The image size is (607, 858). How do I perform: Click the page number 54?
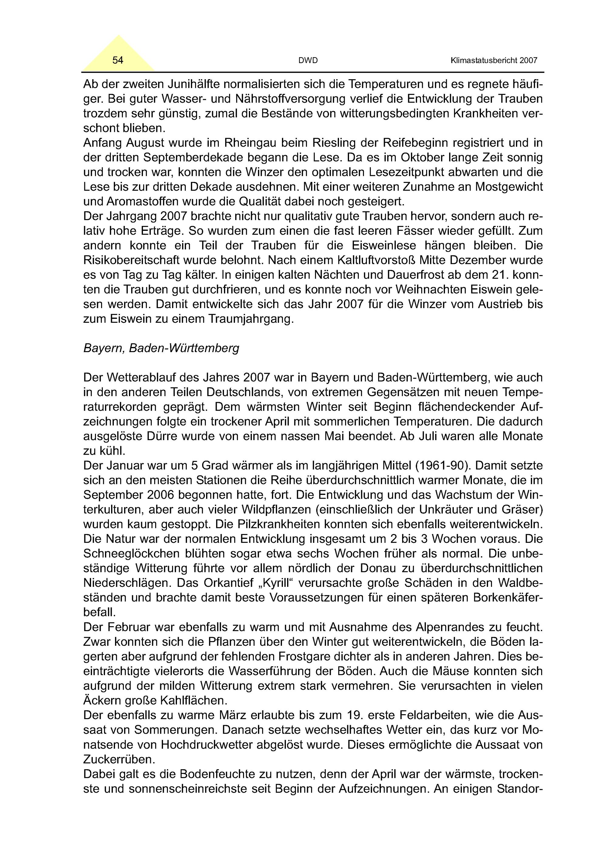coord(118,60)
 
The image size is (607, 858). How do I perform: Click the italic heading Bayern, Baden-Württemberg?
coord(161,348)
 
